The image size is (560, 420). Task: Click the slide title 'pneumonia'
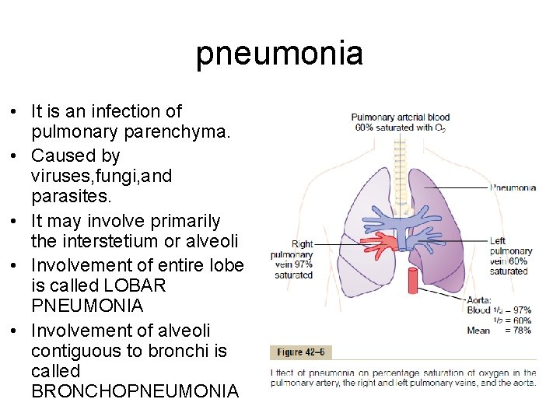[279, 54]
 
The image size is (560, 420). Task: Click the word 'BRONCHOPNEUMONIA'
[135, 391]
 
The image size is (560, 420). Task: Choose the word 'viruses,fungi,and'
[102, 176]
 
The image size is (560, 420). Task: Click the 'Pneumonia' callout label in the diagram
[513, 187]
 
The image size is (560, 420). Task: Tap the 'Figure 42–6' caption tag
[300, 353]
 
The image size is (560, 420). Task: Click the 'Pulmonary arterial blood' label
[401, 117]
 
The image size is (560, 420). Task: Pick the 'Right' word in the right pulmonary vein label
[302, 244]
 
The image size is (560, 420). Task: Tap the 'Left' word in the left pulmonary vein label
[498, 241]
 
